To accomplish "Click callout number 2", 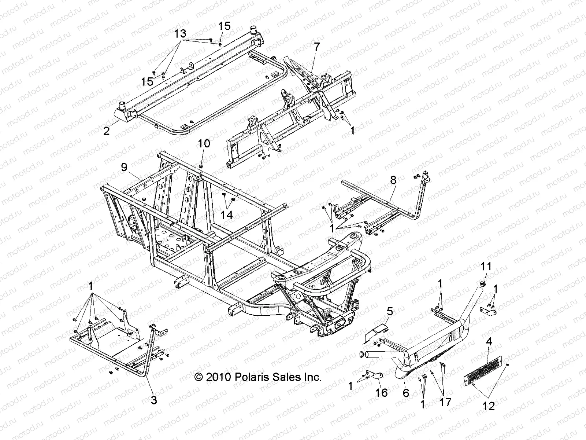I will coord(106,131).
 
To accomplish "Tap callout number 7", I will coord(316,47).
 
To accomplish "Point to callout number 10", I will coord(204,143).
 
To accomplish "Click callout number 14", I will coord(227,214).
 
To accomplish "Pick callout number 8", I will coord(393,180).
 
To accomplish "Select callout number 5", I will coord(389,312).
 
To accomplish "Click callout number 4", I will coord(489,342).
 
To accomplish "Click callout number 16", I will coord(381,393).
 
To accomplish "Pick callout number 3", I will coord(154,400).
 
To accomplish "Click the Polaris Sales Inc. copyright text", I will coord(258,377).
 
